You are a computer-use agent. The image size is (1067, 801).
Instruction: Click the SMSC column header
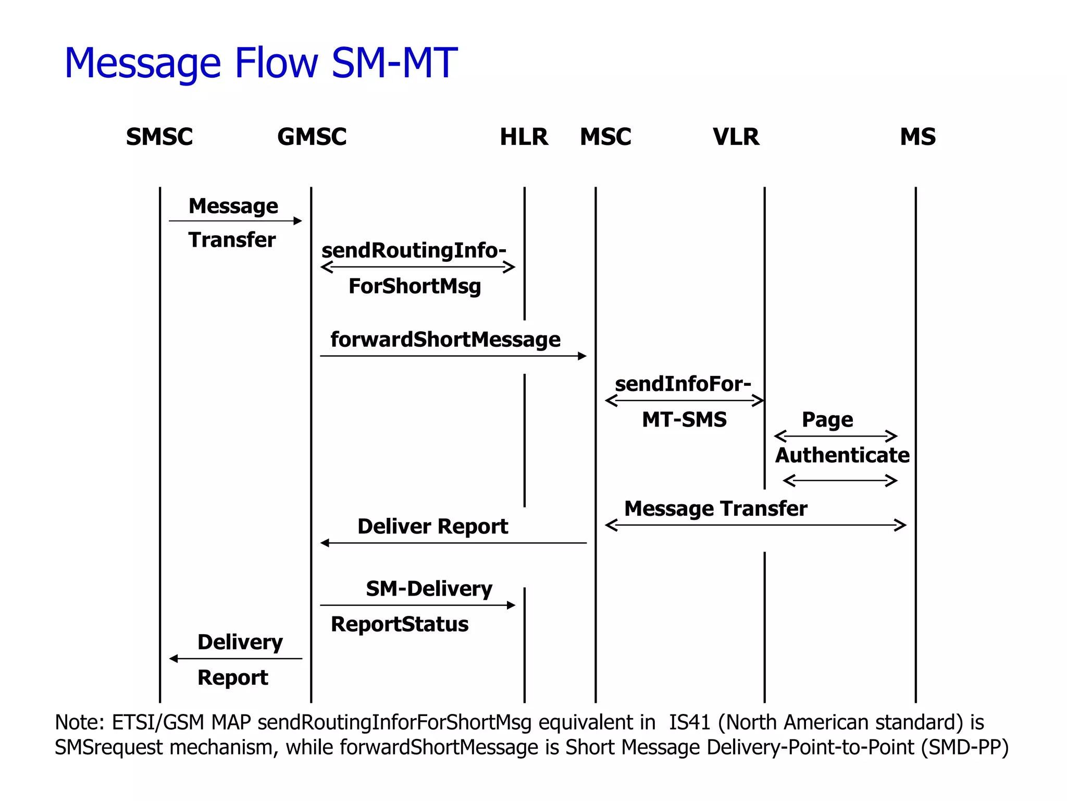click(159, 137)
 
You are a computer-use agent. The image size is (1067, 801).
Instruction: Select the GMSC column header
click(312, 137)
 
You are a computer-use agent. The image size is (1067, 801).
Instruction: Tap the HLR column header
click(524, 137)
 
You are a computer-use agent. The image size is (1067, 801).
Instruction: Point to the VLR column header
click(736, 137)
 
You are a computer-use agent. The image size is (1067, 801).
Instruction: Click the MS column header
click(917, 137)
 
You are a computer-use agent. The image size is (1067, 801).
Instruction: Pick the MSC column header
click(605, 137)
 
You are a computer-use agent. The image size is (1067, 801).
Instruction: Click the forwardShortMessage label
click(445, 339)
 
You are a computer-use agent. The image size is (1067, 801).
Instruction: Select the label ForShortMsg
click(415, 286)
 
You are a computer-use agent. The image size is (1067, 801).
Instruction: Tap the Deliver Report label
click(432, 527)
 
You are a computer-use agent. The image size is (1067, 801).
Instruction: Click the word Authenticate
click(842, 455)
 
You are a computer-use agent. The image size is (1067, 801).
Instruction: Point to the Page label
click(827, 420)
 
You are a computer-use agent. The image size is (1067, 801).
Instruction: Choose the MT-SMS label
click(684, 420)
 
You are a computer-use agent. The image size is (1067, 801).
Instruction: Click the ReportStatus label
click(400, 624)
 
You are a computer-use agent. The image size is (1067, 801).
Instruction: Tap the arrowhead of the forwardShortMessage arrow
click(582, 356)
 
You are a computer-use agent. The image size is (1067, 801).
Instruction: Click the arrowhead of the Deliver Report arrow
click(325, 543)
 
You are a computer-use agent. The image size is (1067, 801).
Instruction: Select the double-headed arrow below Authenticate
click(840, 480)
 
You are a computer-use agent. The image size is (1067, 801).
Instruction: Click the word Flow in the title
click(276, 63)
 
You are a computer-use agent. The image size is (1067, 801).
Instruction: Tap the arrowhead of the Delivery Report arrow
click(173, 659)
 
